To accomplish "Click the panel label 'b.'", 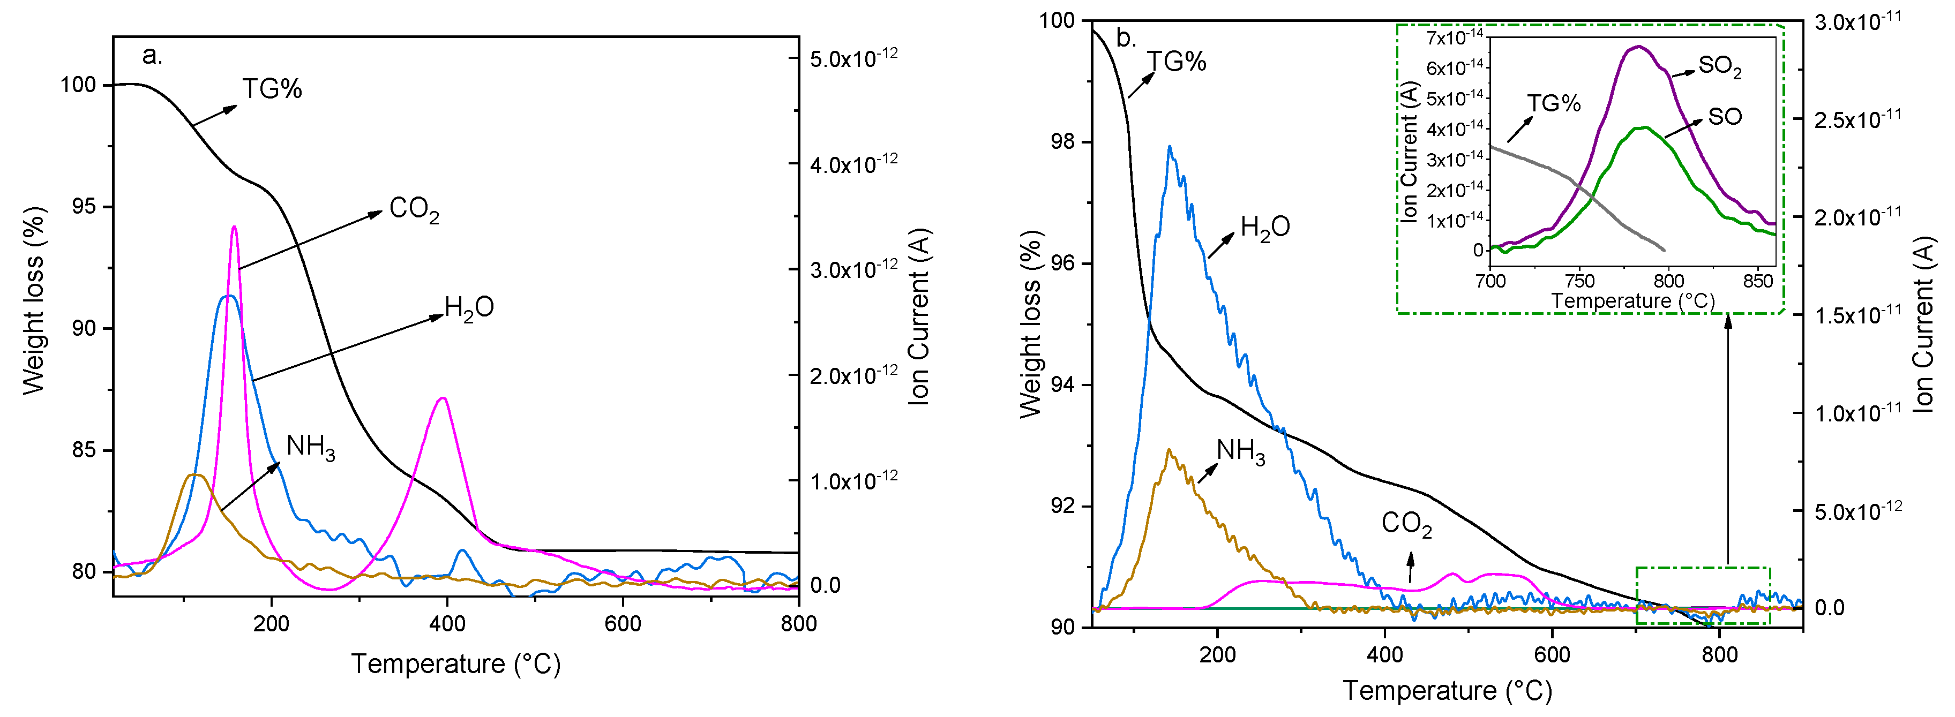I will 1126,38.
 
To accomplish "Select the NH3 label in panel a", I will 310,447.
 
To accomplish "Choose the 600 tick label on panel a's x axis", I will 623,624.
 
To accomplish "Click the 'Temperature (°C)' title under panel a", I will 455,664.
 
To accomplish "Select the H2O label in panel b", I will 1264,227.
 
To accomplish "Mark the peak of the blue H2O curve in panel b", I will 1170,146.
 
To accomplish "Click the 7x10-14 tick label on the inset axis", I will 1454,36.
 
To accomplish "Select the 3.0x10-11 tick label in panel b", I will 1857,21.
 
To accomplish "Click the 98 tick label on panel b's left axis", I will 1062,142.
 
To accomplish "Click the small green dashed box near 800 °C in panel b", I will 1702,595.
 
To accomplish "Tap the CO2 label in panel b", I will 1406,524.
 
